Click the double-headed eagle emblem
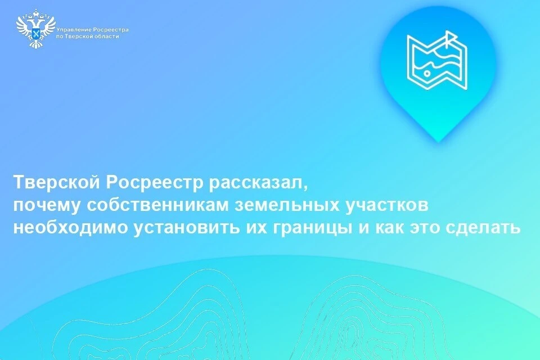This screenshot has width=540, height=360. (x=36, y=29)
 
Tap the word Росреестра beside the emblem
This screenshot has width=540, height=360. (x=111, y=30)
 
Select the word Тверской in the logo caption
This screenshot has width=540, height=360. (x=77, y=37)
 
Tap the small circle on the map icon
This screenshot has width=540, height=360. (x=427, y=73)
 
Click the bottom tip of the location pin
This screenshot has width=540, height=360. (x=438, y=142)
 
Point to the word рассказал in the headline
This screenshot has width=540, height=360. (x=257, y=183)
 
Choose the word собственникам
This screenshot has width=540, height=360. (x=157, y=205)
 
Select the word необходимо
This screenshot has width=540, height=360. (x=70, y=228)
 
